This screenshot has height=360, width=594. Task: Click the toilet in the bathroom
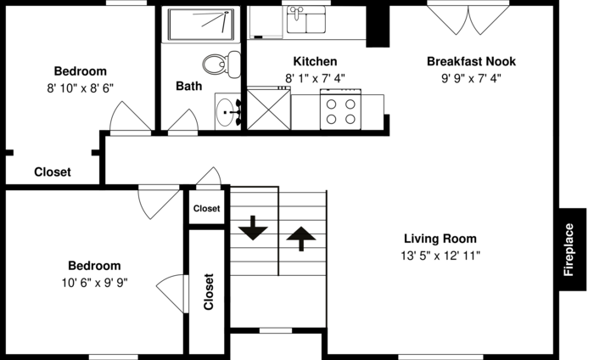pyautogui.click(x=221, y=65)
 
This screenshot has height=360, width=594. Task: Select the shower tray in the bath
pyautogui.click(x=201, y=25)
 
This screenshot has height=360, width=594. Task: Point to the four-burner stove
pyautogui.click(x=340, y=110)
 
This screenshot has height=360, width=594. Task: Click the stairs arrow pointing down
pyautogui.click(x=253, y=228)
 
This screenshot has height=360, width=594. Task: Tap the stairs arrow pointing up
pyautogui.click(x=301, y=239)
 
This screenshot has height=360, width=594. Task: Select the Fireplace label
pyautogui.click(x=569, y=250)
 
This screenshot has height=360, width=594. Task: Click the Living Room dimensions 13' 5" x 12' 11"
pyautogui.click(x=440, y=256)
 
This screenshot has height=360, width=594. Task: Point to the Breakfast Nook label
pyautogui.click(x=471, y=61)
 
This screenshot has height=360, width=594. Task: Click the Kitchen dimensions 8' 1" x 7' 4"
pyautogui.click(x=315, y=78)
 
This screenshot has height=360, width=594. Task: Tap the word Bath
pyautogui.click(x=188, y=86)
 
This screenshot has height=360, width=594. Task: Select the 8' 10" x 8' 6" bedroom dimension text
pyautogui.click(x=81, y=88)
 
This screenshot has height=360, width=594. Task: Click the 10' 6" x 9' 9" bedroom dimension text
pyautogui.click(x=95, y=283)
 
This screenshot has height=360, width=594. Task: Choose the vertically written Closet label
pyautogui.click(x=209, y=291)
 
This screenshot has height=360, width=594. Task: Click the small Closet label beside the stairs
pyautogui.click(x=206, y=208)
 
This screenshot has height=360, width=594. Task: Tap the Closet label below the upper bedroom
pyautogui.click(x=53, y=172)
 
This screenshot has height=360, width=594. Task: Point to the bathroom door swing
pyautogui.click(x=183, y=121)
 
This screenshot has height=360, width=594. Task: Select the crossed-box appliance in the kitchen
pyautogui.click(x=269, y=109)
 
